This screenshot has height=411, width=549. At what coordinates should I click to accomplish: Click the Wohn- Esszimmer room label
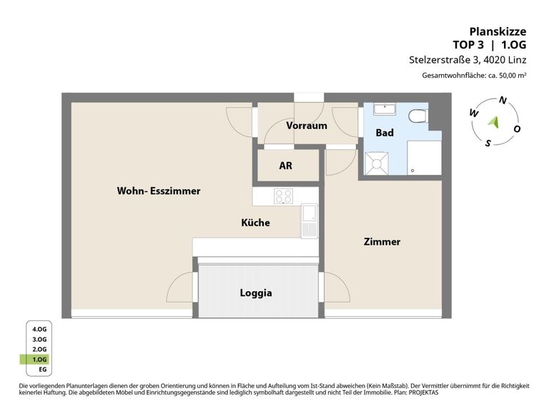(x=159, y=191)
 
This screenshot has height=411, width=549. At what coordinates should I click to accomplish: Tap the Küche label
(x=256, y=223)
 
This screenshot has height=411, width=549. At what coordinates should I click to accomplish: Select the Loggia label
(x=256, y=293)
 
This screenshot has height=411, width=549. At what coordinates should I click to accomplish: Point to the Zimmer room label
(x=382, y=241)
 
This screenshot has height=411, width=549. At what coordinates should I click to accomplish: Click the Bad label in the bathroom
(x=385, y=133)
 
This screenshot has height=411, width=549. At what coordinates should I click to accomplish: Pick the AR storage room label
(x=286, y=166)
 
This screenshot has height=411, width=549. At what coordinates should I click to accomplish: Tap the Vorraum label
(x=307, y=126)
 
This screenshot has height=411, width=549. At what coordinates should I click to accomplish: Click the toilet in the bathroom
(x=418, y=116)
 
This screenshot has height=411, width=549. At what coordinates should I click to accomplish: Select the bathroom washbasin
(x=385, y=109)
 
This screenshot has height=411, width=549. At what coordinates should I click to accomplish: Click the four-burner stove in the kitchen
(x=284, y=196)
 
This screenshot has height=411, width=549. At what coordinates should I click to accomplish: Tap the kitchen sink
(x=309, y=221)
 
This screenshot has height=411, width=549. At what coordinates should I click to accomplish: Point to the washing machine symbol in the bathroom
(x=377, y=163)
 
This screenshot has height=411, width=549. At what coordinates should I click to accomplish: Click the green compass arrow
(x=494, y=122)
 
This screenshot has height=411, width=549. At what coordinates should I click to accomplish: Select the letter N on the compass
(x=503, y=101)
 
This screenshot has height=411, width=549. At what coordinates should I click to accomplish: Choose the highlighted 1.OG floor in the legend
(x=39, y=360)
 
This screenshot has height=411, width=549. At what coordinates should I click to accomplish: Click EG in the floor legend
(x=43, y=370)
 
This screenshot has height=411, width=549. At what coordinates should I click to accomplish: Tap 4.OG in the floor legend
(x=39, y=329)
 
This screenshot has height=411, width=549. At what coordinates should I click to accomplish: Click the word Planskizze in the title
(x=498, y=31)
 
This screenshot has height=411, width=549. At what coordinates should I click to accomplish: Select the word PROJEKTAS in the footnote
(x=423, y=392)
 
